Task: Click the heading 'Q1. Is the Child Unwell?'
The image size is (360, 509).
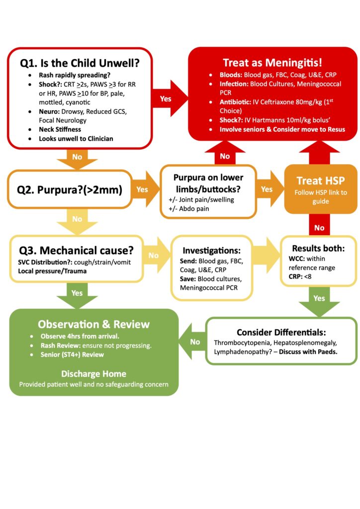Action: [80, 63]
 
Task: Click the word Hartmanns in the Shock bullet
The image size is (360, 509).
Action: [264, 120]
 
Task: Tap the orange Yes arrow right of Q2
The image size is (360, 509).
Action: [143, 189]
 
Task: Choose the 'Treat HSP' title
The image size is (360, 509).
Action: [321, 180]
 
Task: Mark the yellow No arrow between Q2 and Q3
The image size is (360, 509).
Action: [77, 219]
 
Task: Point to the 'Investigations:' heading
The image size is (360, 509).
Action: [212, 251]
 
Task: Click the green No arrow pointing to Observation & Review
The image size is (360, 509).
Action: [194, 341]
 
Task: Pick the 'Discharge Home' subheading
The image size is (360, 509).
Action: [93, 373]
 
